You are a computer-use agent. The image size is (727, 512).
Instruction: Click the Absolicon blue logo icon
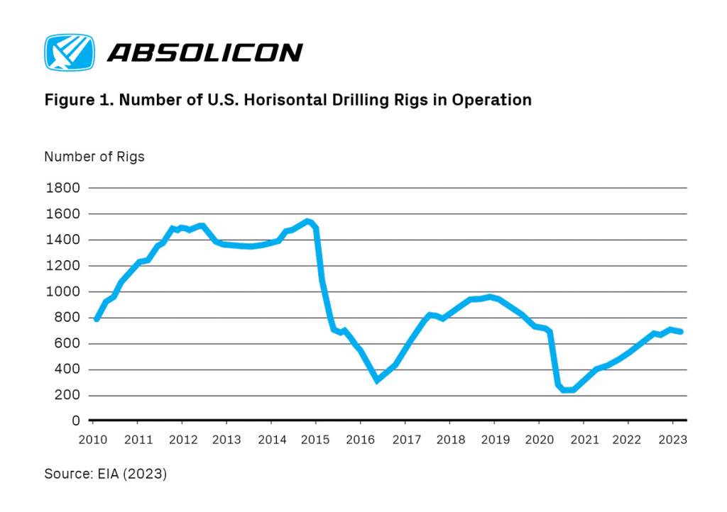point(69,52)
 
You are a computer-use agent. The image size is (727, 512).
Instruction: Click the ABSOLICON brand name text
point(205,52)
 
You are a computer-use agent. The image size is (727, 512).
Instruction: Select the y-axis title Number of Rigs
point(94,157)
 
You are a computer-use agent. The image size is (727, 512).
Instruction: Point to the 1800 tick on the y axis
point(63,188)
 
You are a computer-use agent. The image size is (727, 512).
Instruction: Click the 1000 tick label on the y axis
point(63,291)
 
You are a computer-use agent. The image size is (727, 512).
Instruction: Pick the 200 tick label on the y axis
point(67,395)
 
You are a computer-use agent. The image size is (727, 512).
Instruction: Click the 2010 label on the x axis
point(93,440)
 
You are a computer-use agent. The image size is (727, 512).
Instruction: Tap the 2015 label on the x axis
point(316,440)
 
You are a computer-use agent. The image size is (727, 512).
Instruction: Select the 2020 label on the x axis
point(539,440)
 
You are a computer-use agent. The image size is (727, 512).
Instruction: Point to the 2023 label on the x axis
point(673,440)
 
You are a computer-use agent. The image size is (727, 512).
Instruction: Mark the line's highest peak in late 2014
point(307,221)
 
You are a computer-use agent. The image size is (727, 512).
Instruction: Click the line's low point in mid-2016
point(377,380)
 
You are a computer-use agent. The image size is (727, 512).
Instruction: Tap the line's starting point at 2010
point(97,319)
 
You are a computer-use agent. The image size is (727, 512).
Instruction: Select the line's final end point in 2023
point(682,331)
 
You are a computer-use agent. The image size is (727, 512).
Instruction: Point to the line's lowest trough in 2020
point(567,390)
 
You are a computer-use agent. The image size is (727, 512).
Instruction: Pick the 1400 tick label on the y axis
point(63,240)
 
